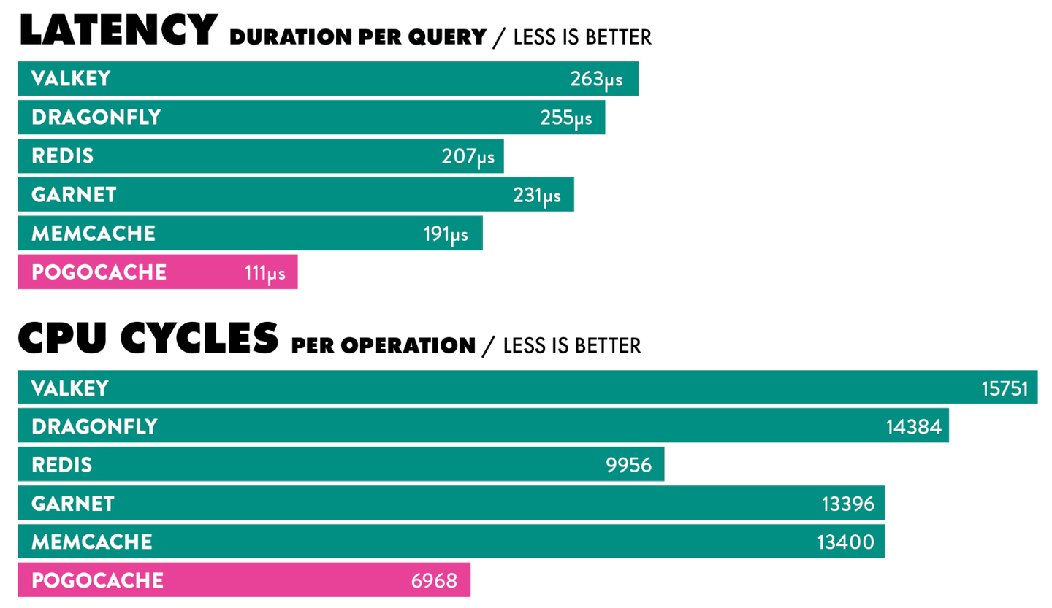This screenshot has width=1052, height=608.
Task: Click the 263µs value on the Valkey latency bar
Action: [x=596, y=79]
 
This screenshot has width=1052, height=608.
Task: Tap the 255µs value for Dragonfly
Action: [x=566, y=118]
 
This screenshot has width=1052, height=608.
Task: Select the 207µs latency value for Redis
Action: [x=468, y=156]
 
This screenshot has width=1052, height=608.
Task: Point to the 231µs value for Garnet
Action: [x=537, y=196]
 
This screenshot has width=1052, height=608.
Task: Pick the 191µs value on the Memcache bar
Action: [x=446, y=234]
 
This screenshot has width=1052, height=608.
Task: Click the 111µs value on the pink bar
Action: [x=264, y=273]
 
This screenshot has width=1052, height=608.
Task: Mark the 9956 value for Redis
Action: [x=629, y=465]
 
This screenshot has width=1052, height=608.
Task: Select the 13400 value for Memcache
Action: [x=846, y=542]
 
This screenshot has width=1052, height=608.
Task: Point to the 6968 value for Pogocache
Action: [x=435, y=581]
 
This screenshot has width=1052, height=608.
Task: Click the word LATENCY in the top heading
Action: [x=118, y=31]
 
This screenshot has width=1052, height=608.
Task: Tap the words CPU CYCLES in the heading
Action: [x=148, y=338]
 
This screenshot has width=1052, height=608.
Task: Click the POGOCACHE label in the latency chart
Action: [x=99, y=272]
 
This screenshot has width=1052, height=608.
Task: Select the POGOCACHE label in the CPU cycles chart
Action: [x=97, y=581]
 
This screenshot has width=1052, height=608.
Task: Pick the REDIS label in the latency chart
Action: [x=63, y=156]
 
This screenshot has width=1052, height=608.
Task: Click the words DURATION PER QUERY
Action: [x=357, y=37]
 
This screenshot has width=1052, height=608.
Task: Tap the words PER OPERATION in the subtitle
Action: [x=384, y=345]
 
